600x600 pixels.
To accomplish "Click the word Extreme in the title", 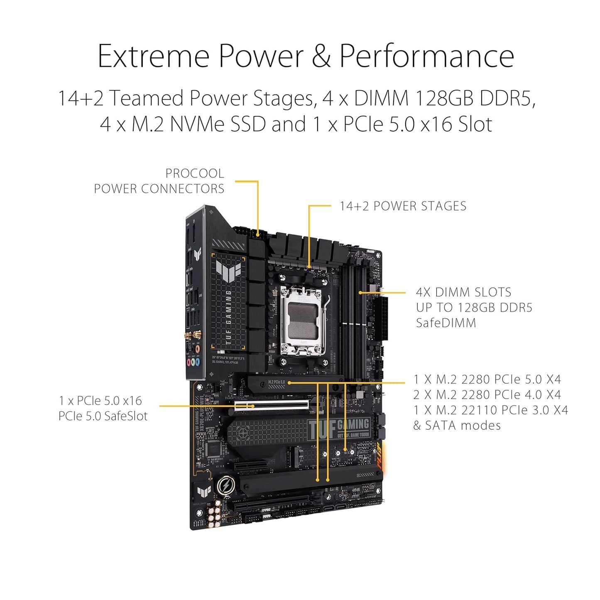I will pyautogui.click(x=153, y=56).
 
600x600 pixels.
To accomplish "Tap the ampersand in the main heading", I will pyautogui.click(x=321, y=56).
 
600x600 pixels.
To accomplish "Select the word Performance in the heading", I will pyautogui.click(x=426, y=56).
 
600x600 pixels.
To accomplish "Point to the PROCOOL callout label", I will pyautogui.click(x=194, y=173).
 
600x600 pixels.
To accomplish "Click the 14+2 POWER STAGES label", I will pyautogui.click(x=403, y=206).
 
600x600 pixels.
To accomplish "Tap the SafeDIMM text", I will pyautogui.click(x=446, y=323).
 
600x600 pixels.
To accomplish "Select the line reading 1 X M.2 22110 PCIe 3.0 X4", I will pyautogui.click(x=490, y=410).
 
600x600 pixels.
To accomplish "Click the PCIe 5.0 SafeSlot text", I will pyautogui.click(x=103, y=416).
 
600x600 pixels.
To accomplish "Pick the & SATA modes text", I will pyautogui.click(x=457, y=426).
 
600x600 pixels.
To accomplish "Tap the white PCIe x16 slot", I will pyautogui.click(x=272, y=404).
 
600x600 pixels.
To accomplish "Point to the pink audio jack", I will pyautogui.click(x=189, y=362).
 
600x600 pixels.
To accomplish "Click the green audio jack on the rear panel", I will pyautogui.click(x=193, y=362).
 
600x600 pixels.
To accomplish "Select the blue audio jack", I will pyautogui.click(x=198, y=362).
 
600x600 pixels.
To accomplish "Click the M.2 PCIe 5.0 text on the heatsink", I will pyautogui.click(x=277, y=382).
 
